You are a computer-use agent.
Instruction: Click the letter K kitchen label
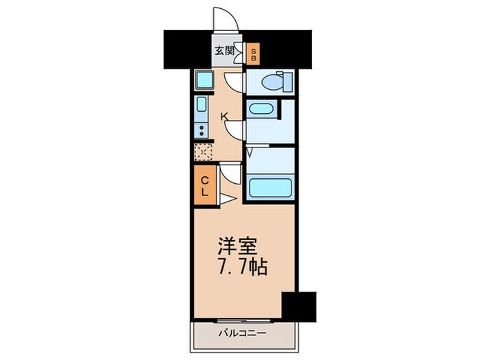tap(224, 117)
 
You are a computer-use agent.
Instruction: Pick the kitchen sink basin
tap(202, 107)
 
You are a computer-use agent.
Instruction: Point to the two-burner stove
tap(202, 131)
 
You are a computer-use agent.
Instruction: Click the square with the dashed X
tap(203, 152)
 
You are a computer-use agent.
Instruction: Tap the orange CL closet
tap(204, 185)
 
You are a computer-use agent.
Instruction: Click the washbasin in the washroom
tap(261, 109)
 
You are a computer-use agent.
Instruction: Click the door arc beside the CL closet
tap(231, 173)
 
